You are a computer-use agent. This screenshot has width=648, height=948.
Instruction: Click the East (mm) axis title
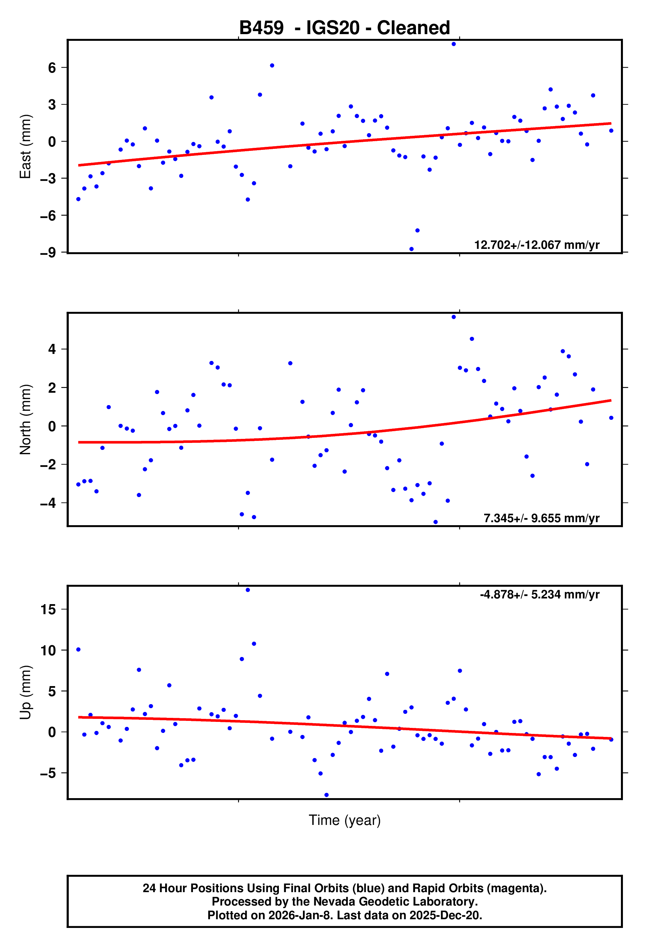coord(25,147)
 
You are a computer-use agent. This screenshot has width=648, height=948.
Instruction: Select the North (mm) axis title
coord(25,419)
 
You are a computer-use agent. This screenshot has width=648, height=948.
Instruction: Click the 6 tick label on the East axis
coord(52,68)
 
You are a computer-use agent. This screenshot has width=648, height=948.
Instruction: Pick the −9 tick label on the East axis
coord(48,253)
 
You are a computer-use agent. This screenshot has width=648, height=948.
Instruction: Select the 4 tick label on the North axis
coord(52,349)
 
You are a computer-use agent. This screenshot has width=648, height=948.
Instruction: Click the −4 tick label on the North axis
coord(48,503)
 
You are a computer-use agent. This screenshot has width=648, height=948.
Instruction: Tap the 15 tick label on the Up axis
coord(48,609)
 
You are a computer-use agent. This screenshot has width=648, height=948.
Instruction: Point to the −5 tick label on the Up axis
coord(48,773)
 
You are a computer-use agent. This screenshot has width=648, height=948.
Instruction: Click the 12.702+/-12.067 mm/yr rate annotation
coord(536,245)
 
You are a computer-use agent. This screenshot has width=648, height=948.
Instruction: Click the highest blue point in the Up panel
coord(247,590)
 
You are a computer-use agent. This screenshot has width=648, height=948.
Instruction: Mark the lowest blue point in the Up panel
coord(326,795)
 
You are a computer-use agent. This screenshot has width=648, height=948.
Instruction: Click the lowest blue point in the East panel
coord(411,249)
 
